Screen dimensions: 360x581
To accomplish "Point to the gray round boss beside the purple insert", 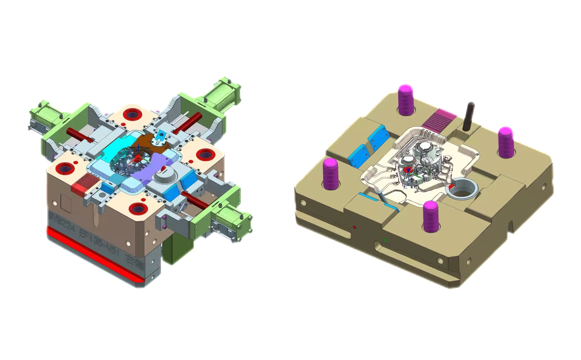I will tap(165, 176).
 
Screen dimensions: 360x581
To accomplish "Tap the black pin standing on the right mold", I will tap(469, 115).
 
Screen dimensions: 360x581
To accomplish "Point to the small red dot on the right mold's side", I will tap(355, 227).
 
